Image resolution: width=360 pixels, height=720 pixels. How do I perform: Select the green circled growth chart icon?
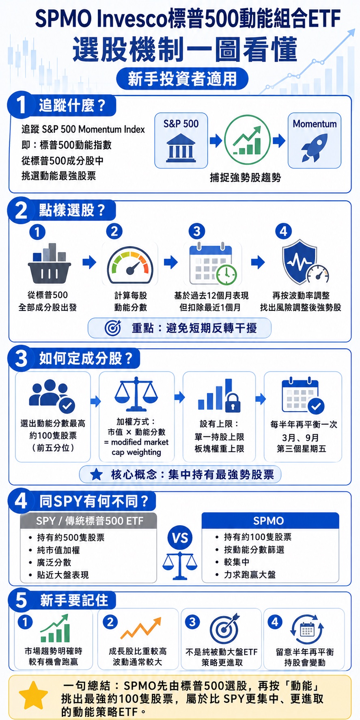click(247, 140)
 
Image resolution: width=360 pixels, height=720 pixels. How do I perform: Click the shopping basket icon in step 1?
click(50, 263)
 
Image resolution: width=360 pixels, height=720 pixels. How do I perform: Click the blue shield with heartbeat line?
click(300, 261)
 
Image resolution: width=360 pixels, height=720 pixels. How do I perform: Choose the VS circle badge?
click(180, 538)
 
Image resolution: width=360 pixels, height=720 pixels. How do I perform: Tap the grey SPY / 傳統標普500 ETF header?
click(88, 521)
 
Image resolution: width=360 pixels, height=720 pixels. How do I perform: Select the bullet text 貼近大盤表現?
click(63, 575)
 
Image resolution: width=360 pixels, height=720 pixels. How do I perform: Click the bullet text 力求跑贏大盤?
click(250, 574)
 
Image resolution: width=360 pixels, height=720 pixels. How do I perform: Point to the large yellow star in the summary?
click(33, 696)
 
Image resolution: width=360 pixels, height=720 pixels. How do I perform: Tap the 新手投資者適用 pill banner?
click(182, 79)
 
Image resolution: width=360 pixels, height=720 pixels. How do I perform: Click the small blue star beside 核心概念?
click(96, 474)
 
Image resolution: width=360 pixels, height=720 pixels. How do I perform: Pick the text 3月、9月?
click(300, 438)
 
